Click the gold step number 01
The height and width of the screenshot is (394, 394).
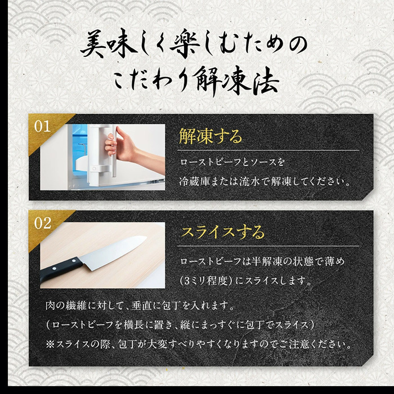coord(42,127)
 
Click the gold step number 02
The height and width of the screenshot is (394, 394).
coord(43,223)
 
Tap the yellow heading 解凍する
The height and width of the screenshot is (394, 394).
coord(211,136)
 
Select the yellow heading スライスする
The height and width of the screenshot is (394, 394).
coord(223,232)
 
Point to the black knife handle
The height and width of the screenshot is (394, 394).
coord(60,270)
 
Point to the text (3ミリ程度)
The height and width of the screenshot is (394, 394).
coord(206,280)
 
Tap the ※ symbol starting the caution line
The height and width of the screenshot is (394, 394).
coord(50,344)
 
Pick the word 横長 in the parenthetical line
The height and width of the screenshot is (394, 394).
coord(133,325)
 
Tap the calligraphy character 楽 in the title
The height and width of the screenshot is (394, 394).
coord(185,45)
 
